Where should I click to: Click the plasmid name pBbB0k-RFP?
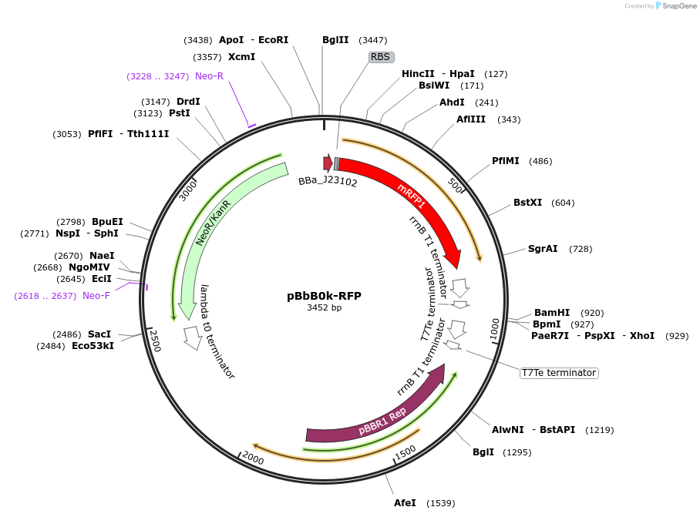324,296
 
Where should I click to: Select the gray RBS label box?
381,57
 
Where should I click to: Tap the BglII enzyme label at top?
335,40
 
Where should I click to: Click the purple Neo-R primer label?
209,76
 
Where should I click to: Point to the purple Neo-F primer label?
96,296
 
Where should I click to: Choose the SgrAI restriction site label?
543,249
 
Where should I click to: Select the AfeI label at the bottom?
405,503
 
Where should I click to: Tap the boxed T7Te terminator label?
559,373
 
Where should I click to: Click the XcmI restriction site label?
241,57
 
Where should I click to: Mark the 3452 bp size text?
324,308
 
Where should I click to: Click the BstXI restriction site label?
528,203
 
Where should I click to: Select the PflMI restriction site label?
506,161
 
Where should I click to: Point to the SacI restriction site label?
99,334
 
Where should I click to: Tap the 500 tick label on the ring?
456,187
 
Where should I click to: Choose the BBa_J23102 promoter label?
328,182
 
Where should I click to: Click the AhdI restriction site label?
452,102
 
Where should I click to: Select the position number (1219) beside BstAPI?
601,430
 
